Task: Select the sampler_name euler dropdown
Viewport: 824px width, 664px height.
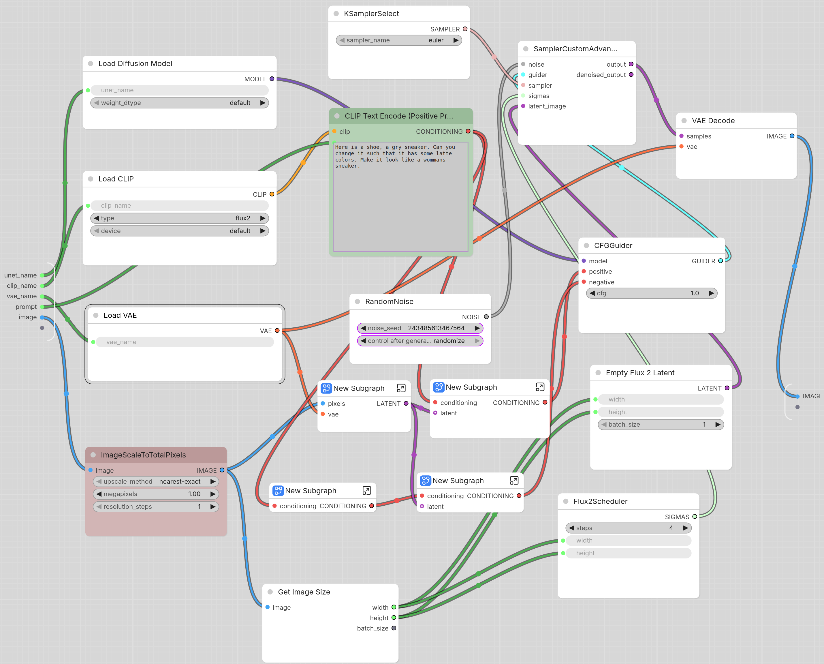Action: [x=399, y=40]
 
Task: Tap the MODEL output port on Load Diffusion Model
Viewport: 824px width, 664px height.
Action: [x=272, y=79]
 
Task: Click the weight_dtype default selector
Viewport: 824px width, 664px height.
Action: [x=179, y=103]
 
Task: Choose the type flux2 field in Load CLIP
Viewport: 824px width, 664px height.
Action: [x=179, y=218]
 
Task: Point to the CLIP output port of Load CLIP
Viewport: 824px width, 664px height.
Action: [x=272, y=194]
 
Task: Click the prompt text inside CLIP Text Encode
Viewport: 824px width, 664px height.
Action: [x=395, y=156]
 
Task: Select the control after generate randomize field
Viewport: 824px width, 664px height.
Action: [x=420, y=341]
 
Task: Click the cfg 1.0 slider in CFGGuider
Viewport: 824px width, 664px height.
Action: [x=652, y=293]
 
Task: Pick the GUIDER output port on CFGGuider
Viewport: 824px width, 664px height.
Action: [x=720, y=261]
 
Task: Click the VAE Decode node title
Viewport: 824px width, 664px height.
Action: [x=713, y=121]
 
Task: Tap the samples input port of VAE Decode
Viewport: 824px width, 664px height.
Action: [x=681, y=136]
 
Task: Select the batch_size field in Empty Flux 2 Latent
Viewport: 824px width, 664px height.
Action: [x=660, y=425]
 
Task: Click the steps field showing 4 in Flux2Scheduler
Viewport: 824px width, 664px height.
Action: [x=628, y=528]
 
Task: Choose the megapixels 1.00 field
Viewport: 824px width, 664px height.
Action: [x=156, y=494]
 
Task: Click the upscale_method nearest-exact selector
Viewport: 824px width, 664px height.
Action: [x=156, y=481]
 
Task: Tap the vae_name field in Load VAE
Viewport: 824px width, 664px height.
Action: [x=185, y=342]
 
